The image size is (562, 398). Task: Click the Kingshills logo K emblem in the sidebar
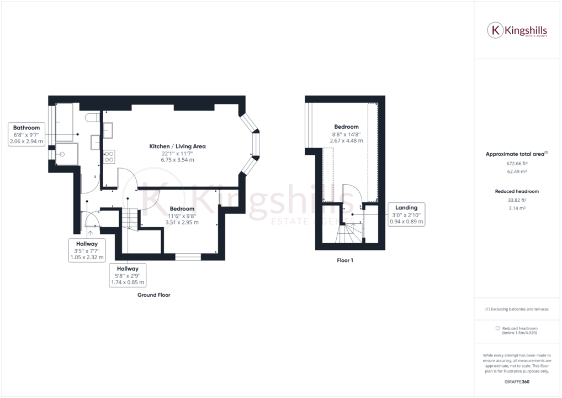coord(495,30)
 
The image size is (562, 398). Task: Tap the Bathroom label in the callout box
coord(26,128)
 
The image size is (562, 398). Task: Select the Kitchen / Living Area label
coord(177,146)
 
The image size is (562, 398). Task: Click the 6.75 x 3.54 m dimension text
coord(177,160)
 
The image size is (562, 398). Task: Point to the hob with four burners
coord(109,156)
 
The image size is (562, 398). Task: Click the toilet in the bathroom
coord(93,118)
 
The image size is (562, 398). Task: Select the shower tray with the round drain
coord(67,154)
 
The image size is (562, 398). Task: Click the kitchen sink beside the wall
coord(108,129)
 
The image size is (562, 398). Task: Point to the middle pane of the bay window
coord(256,144)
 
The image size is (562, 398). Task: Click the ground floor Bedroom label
coord(182,208)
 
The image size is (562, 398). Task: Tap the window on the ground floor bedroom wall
coord(188,256)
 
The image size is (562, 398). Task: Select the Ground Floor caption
coord(153,295)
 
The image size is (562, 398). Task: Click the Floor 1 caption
coord(344,260)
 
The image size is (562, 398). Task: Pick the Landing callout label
coord(406,207)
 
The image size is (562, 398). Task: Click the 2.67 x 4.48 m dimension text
coord(346,140)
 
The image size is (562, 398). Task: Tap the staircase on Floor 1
coord(349,232)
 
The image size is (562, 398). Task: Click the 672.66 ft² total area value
coord(517,164)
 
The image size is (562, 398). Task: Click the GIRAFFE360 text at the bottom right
coord(517,381)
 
